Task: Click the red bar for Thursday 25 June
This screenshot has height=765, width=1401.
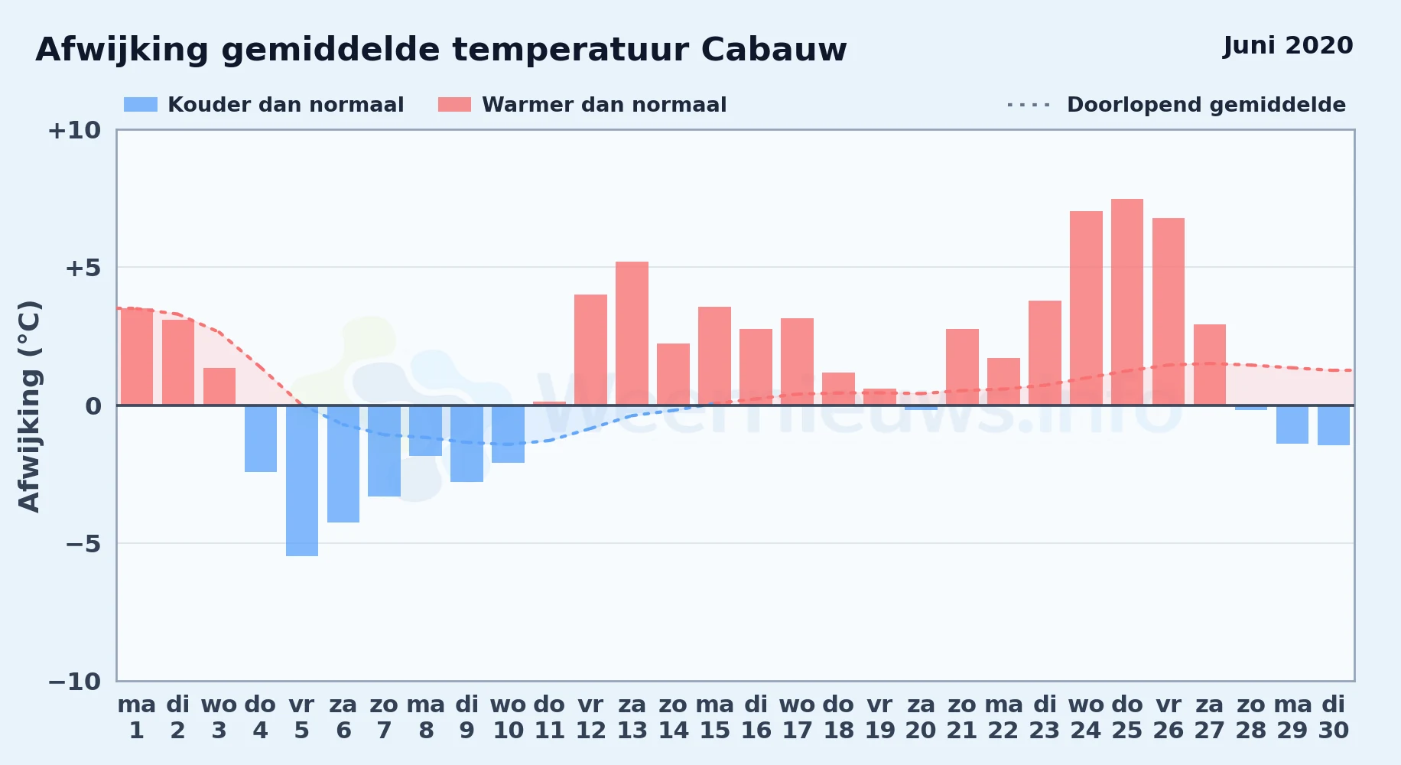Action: pos(1127,302)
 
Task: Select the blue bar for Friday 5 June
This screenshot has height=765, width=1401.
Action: pos(302,480)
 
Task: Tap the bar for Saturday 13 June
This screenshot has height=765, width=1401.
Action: pos(632,334)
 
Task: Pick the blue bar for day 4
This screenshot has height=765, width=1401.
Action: pos(261,438)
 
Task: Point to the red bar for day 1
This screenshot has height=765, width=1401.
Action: pos(137,356)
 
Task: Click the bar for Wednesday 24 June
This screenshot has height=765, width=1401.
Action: pos(1086,308)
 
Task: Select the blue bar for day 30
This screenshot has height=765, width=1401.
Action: pos(1334,425)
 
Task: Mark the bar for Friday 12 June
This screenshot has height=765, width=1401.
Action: pos(590,350)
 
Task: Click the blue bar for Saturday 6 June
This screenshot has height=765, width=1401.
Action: pos(343,464)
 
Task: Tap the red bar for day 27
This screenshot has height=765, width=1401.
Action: pos(1210,365)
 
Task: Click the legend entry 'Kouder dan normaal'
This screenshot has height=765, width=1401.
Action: pos(264,105)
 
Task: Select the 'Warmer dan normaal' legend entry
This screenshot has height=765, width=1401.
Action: pos(582,105)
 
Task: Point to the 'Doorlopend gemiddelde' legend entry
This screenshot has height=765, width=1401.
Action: pos(1177,105)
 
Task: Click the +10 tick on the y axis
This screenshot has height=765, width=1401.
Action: pos(74,130)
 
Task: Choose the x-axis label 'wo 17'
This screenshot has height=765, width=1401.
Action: pos(797,718)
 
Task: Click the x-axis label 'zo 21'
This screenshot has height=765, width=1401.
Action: pos(962,718)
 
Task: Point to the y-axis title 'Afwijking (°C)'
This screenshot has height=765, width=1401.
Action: pos(29,405)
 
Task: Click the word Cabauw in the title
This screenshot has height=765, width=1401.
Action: pos(774,50)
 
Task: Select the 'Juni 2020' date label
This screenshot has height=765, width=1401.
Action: pos(1288,46)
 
